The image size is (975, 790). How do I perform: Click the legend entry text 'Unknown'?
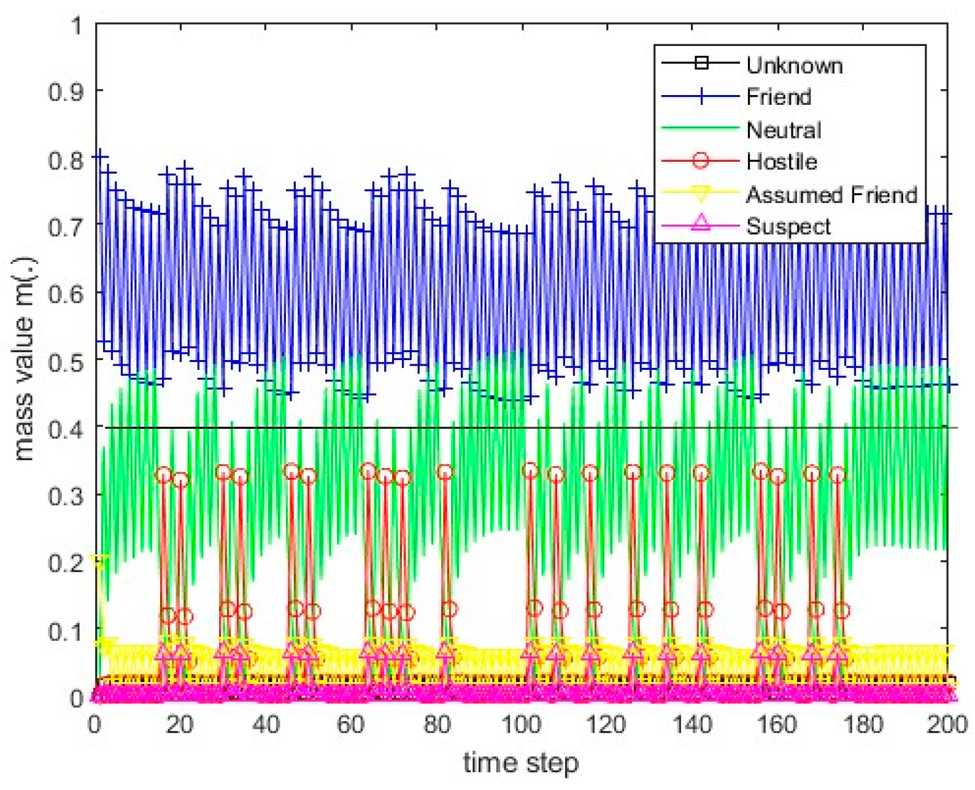tap(794, 65)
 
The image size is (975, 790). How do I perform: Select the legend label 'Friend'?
tap(778, 97)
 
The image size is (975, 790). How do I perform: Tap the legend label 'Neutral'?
tap(783, 129)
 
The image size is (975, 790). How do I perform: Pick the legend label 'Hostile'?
tap(781, 161)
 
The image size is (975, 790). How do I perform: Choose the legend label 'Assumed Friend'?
tap(831, 194)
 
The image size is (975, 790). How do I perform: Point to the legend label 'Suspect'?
tap(788, 226)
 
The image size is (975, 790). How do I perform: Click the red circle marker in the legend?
tap(700, 161)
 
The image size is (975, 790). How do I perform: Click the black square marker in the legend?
tap(700, 63)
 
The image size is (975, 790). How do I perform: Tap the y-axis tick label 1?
tap(76, 26)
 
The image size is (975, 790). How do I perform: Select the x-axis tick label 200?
tap(946, 724)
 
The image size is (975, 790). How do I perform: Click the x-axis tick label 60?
tap(350, 724)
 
